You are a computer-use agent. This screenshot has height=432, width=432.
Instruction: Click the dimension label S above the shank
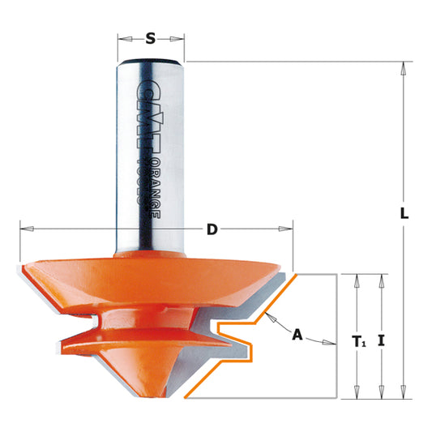pyautogui.click(x=151, y=37)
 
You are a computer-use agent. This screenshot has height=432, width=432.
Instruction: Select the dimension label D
pyautogui.click(x=212, y=229)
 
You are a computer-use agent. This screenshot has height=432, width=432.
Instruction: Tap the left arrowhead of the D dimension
pyautogui.click(x=23, y=229)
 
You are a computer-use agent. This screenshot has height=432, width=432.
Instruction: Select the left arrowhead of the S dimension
pyautogui.click(x=122, y=38)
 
